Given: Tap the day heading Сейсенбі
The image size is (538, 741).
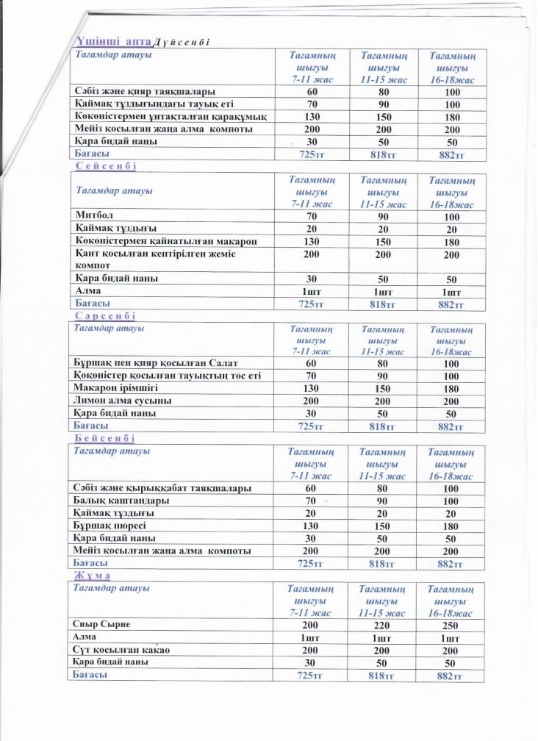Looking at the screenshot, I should tap(107, 167).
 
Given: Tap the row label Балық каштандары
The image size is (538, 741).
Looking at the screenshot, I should tap(122, 501).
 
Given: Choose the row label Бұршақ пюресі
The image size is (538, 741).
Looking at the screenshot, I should tap(110, 526).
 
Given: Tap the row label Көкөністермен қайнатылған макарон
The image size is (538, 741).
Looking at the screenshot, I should tap(171, 241).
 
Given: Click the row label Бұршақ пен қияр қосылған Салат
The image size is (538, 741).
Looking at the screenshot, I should tap(155, 364).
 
